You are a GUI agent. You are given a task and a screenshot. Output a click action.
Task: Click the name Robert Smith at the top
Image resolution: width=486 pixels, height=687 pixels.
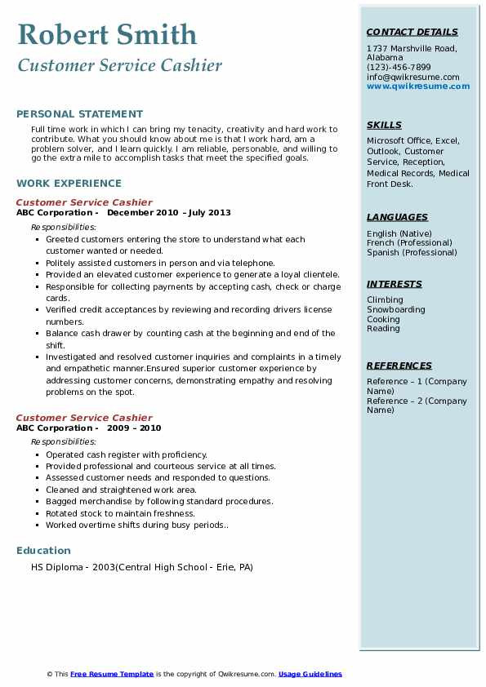click(x=107, y=35)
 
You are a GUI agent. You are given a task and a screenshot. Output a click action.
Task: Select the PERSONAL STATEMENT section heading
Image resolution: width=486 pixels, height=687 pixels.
click(x=79, y=114)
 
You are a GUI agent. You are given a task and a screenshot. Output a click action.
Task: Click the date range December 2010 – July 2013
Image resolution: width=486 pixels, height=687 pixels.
click(x=169, y=213)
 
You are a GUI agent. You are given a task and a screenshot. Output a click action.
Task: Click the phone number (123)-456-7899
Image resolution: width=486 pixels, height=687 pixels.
click(x=399, y=68)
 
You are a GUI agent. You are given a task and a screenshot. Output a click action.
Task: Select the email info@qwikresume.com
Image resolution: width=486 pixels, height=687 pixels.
click(x=412, y=78)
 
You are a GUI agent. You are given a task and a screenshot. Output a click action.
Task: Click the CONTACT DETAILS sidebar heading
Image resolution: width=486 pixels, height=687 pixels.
click(x=412, y=33)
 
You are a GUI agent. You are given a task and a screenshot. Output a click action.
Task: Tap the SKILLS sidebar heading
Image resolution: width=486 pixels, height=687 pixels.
click(x=384, y=125)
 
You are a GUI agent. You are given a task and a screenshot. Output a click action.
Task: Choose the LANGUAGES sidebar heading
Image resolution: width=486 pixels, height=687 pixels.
click(x=397, y=217)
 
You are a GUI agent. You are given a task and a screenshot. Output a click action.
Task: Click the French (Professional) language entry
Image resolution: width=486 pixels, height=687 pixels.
click(x=409, y=243)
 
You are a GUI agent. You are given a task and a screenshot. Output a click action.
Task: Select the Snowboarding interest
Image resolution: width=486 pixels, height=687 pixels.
click(x=395, y=310)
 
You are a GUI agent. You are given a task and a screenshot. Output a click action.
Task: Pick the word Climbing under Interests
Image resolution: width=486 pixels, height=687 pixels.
click(x=385, y=300)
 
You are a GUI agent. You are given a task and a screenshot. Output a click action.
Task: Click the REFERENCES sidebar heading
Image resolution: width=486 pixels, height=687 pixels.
click(x=399, y=366)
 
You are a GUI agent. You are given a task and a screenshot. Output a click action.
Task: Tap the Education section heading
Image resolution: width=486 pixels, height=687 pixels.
click(x=43, y=551)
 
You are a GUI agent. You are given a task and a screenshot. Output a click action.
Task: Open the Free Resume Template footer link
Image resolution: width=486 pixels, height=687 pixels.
click(x=112, y=674)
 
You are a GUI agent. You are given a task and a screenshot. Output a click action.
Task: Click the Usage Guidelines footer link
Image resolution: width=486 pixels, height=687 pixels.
click(x=310, y=674)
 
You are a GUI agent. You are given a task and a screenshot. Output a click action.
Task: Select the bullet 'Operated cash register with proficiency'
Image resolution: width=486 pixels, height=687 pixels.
click(x=127, y=454)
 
